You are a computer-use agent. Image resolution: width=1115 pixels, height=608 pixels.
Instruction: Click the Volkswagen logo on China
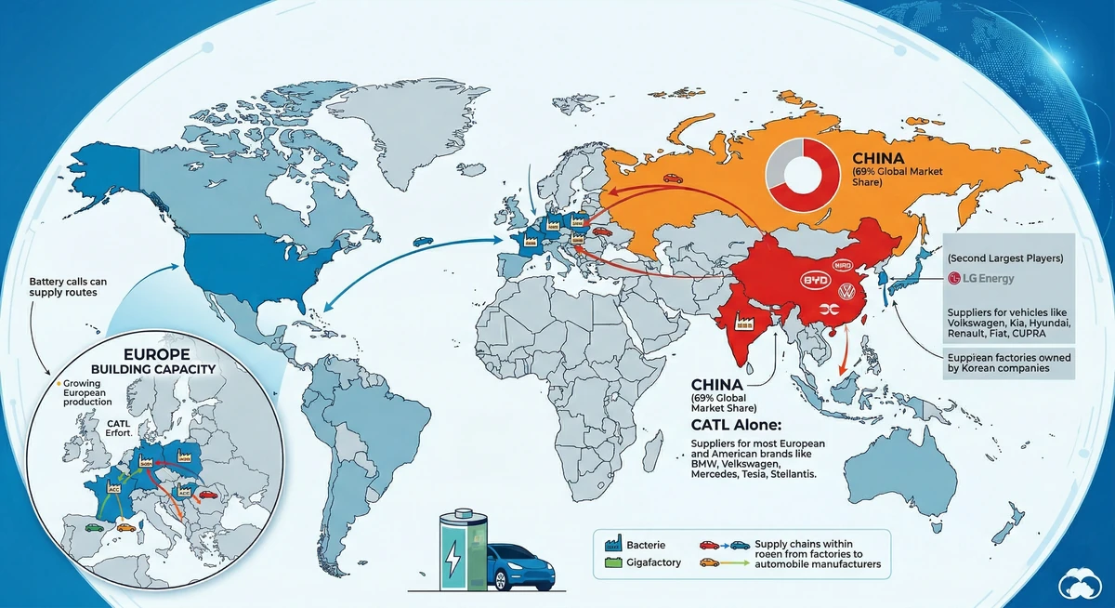click(x=846, y=292)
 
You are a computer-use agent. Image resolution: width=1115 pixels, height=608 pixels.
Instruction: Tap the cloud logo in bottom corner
click(x=1082, y=584)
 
